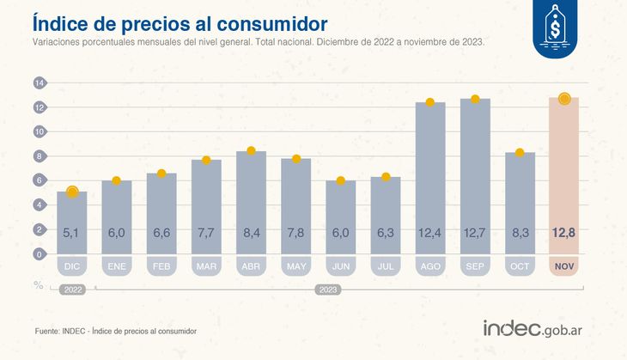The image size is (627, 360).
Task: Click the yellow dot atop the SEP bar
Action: tap(475, 99)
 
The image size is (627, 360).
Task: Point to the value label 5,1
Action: tap(72, 231)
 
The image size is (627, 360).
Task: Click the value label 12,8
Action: tap(563, 231)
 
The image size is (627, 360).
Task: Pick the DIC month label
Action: tap(72, 267)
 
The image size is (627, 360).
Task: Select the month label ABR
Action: tap(251, 267)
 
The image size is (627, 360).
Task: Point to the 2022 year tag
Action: tap(72, 290)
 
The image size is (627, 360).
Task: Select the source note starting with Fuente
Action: tap(116, 331)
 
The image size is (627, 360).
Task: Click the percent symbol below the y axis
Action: tap(39, 284)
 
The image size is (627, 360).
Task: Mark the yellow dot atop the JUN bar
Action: tap(341, 180)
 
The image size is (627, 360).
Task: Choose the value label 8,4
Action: tap(251, 231)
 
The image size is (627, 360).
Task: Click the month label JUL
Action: tap(386, 267)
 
